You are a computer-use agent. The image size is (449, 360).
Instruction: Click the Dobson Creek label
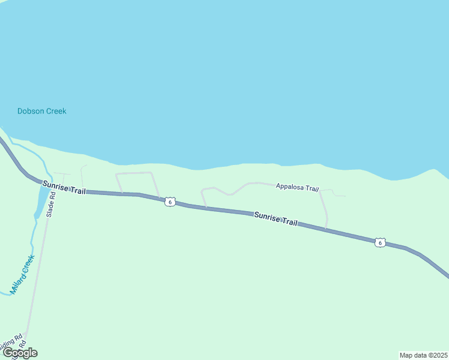(41, 111)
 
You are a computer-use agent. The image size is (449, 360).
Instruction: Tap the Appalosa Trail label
(297, 188)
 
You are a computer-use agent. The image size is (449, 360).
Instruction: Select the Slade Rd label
(51, 205)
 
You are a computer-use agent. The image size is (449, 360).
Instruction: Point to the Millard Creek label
(22, 274)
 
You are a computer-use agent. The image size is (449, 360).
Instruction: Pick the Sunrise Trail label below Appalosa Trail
(276, 218)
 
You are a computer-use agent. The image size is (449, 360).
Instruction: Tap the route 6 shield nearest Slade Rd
(170, 202)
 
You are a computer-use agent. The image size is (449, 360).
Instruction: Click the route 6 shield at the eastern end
(379, 242)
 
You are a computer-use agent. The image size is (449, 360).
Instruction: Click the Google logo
(20, 353)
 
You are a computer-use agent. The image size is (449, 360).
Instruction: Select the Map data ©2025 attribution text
(423, 355)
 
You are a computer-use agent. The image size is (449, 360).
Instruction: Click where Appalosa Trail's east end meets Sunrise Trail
(326, 229)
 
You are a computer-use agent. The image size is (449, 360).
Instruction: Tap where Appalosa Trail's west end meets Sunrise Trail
(206, 208)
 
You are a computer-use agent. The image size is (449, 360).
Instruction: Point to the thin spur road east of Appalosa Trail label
(337, 194)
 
